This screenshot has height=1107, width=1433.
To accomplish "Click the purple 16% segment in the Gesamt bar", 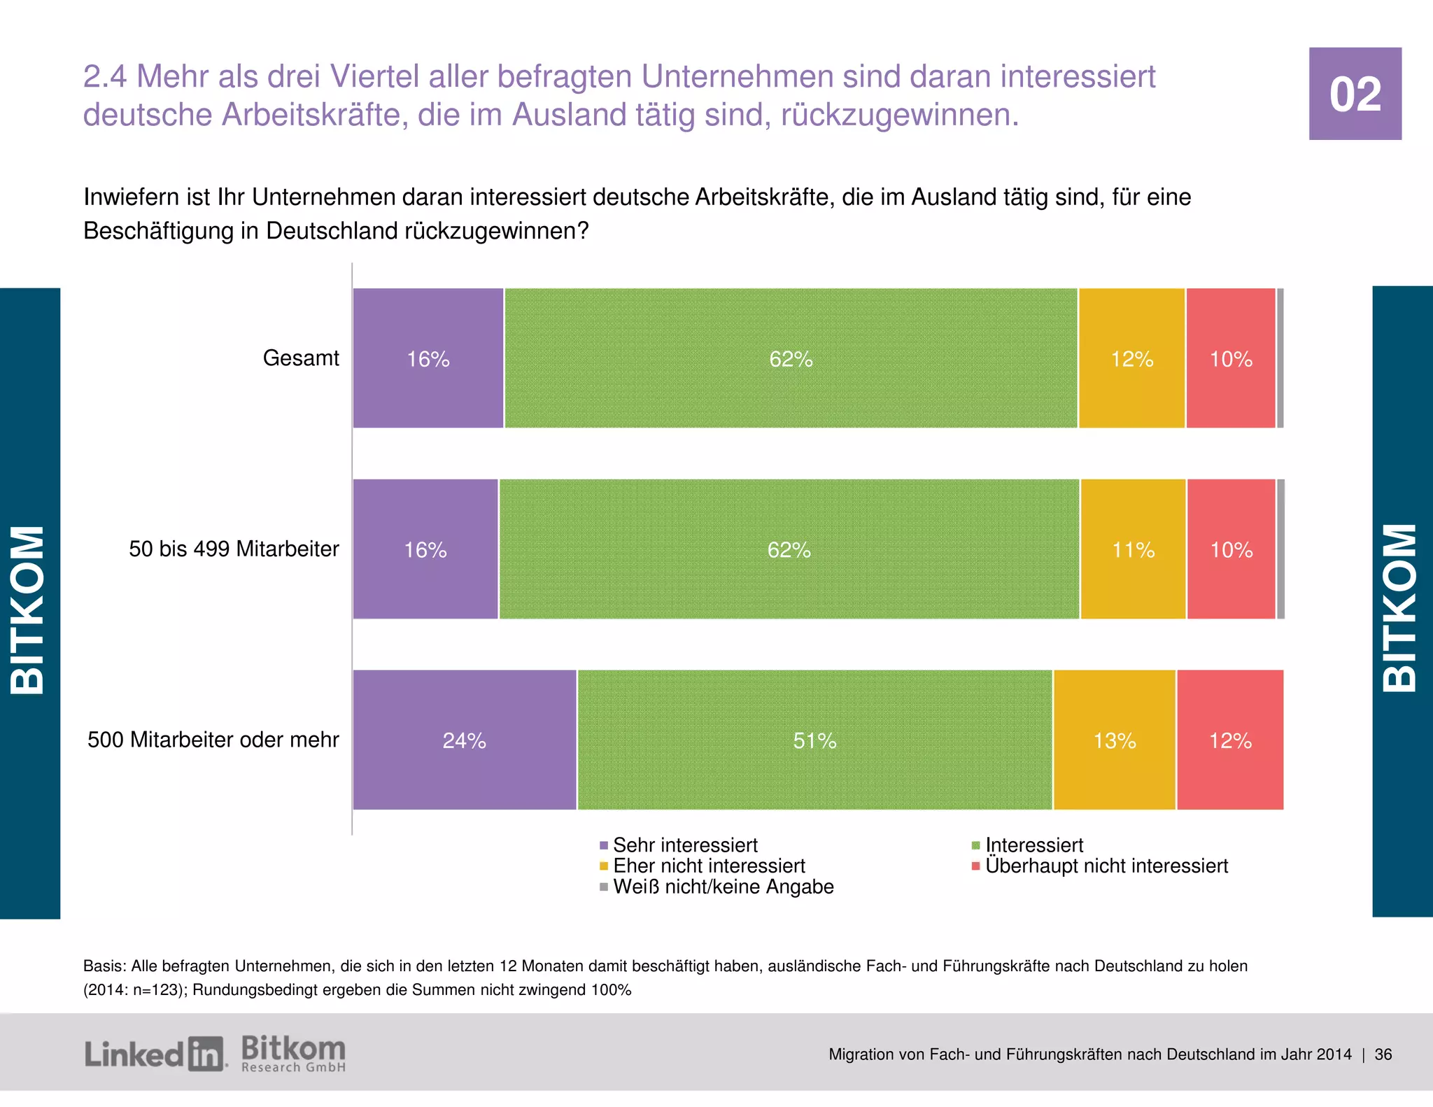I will pyautogui.click(x=428, y=358).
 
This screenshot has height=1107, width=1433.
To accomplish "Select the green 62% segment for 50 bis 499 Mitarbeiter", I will pyautogui.click(x=789, y=549).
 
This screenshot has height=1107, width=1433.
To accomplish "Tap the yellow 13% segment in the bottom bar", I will pyautogui.click(x=1114, y=740).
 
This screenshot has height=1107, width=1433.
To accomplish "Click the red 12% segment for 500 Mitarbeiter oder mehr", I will pyautogui.click(x=1229, y=740).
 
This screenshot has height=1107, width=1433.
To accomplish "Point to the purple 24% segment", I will pyautogui.click(x=464, y=740).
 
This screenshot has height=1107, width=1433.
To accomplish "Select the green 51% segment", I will pyautogui.click(x=814, y=740).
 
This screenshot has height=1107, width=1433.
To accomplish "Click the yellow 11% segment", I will pyautogui.click(x=1133, y=549).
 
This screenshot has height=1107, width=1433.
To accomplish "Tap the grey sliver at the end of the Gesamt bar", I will pyautogui.click(x=1280, y=358).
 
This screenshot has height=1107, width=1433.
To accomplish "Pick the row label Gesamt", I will pyautogui.click(x=301, y=358).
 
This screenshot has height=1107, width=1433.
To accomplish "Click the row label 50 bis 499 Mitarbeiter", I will pyautogui.click(x=234, y=549).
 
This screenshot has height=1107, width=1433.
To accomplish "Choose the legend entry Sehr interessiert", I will pyautogui.click(x=684, y=845).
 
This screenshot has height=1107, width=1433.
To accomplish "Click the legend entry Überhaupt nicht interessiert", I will pyautogui.click(x=1106, y=866).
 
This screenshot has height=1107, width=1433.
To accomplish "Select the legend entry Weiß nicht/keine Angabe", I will pyautogui.click(x=723, y=887).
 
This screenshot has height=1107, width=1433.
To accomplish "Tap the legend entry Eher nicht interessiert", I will pyautogui.click(x=708, y=866).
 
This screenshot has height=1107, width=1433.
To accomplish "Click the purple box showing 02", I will pyautogui.click(x=1355, y=94).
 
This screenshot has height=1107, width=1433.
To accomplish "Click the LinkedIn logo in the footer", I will pyautogui.click(x=155, y=1054).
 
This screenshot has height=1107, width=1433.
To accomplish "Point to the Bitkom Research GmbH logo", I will pyautogui.click(x=293, y=1054).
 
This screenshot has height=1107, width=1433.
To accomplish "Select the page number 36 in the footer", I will pyautogui.click(x=1383, y=1055).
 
